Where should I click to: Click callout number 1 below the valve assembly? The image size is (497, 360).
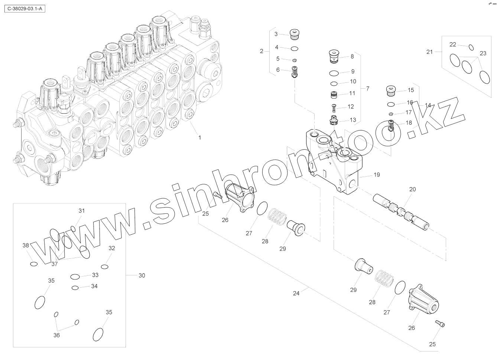[x=199, y=137]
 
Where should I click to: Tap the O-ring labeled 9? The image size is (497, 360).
[x=334, y=72]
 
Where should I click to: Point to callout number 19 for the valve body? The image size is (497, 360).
[x=377, y=174]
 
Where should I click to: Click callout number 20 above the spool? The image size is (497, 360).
[x=413, y=189]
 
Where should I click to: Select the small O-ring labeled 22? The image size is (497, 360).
[x=471, y=47]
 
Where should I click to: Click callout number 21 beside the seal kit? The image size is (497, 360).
[x=429, y=52]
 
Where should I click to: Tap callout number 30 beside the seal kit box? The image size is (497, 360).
[x=142, y=275]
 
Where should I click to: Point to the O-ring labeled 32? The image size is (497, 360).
[x=105, y=266]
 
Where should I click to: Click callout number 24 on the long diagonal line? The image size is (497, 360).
[x=296, y=293]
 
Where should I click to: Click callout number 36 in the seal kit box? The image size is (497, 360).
[x=56, y=335]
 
